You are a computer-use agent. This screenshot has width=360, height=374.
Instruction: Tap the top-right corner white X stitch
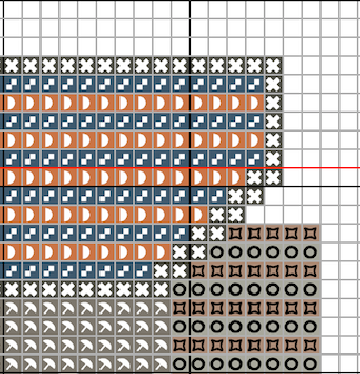[x=273, y=65]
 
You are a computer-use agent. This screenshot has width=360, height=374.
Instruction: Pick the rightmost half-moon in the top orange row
[x=254, y=103]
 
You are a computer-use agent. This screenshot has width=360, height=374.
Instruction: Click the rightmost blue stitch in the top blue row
[x=254, y=84]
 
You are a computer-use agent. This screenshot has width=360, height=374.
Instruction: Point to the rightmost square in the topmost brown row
[x=310, y=233]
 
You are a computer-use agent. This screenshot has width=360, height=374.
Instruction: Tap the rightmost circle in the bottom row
[x=310, y=363]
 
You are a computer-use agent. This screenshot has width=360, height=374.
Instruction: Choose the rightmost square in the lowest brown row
[x=310, y=345]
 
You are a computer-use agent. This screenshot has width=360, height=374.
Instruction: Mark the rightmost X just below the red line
[x=273, y=178]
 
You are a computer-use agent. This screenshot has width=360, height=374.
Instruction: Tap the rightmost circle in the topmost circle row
[x=310, y=252]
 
